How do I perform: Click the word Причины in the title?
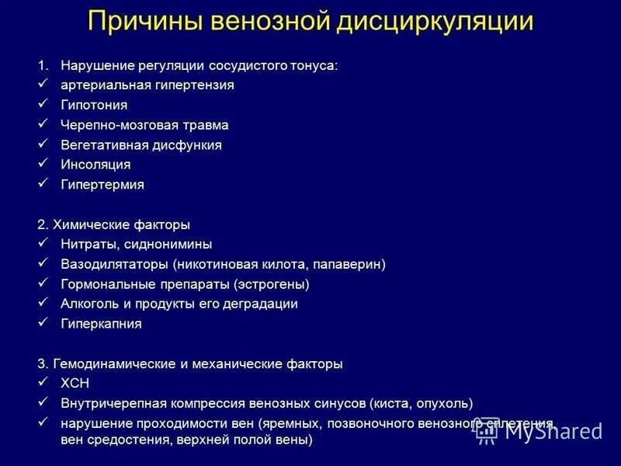pos(141,21)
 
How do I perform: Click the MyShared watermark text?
pos(553,431)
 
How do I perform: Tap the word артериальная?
pos(101,85)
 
